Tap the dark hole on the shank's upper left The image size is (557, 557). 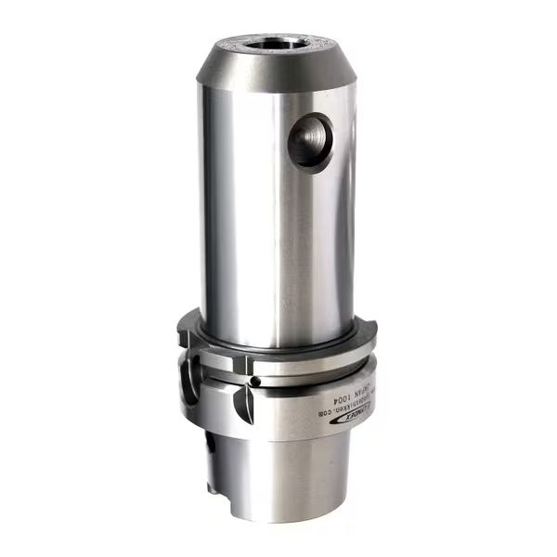211,446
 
